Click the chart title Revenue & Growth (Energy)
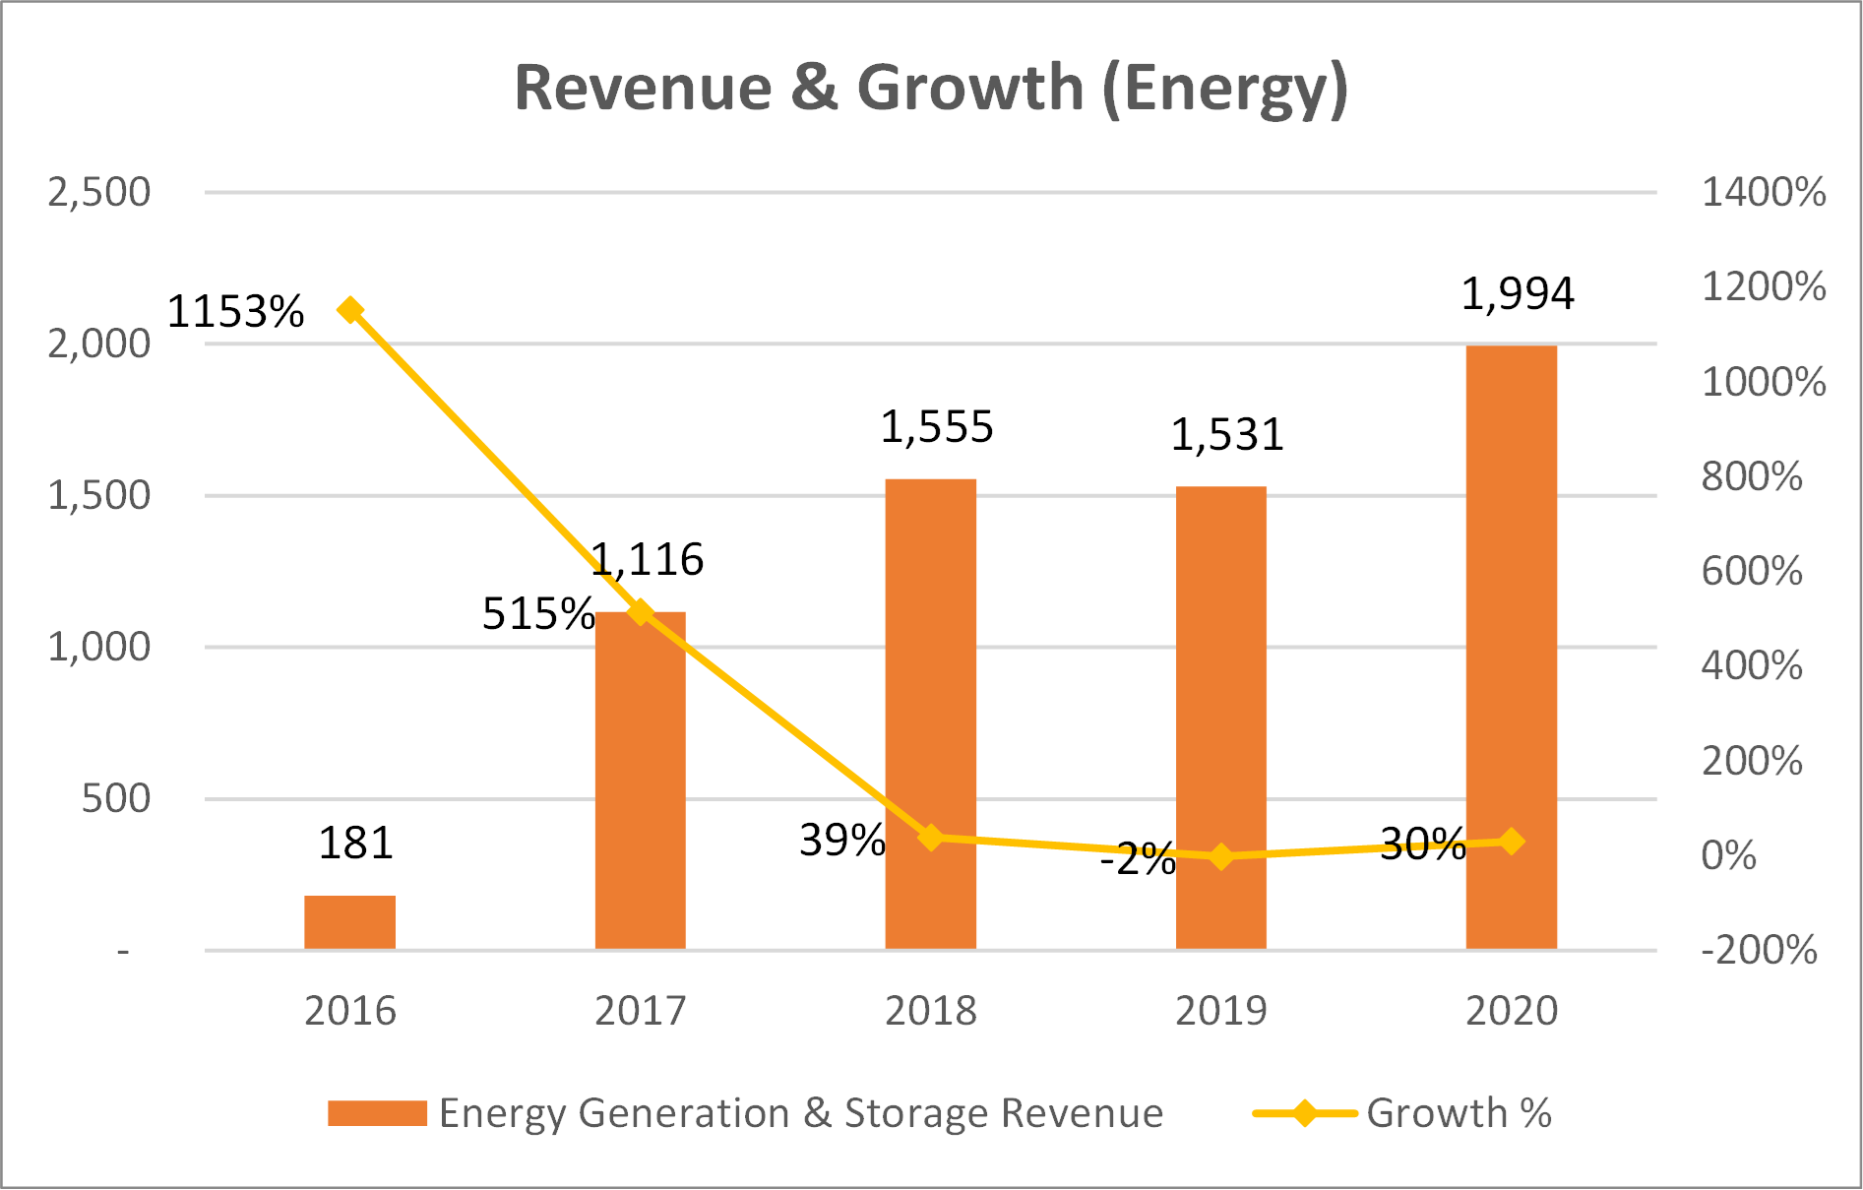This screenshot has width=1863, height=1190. (x=930, y=89)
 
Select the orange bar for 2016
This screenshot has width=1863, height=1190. (x=349, y=922)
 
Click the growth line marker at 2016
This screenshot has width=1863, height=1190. (x=350, y=310)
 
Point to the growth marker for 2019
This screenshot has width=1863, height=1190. (x=1221, y=856)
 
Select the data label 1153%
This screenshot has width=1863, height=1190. (x=235, y=312)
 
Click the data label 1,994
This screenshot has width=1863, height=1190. (x=1517, y=293)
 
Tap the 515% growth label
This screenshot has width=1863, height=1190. (x=537, y=614)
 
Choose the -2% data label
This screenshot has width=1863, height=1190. (x=1138, y=859)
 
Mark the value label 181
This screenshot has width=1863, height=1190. (x=355, y=843)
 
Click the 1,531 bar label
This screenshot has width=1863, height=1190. (x=1226, y=434)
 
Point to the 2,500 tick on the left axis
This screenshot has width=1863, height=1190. (x=98, y=192)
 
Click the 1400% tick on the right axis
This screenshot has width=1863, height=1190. (x=1763, y=192)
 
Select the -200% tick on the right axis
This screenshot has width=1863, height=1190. (x=1759, y=950)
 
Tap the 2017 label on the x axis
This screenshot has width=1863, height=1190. (x=640, y=1011)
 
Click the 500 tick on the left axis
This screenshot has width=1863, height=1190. (x=115, y=798)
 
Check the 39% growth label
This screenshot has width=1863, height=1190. (x=841, y=840)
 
